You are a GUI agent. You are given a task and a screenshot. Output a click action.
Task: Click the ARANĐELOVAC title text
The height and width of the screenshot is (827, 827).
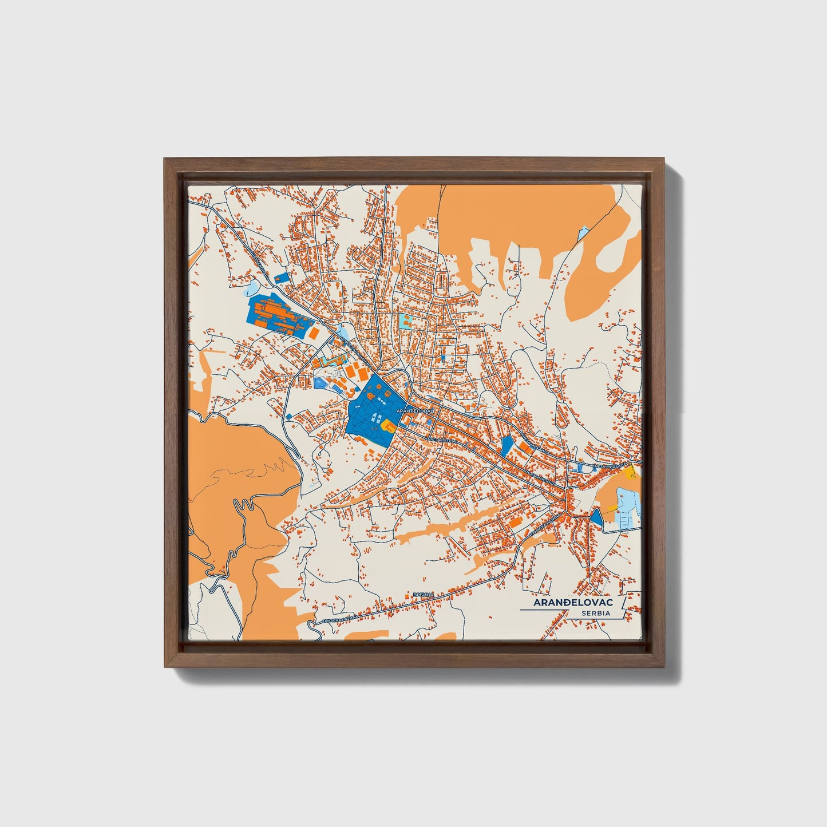pyautogui.click(x=573, y=603)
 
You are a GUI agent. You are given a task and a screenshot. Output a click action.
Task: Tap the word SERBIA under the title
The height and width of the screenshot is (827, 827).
pyautogui.click(x=595, y=613)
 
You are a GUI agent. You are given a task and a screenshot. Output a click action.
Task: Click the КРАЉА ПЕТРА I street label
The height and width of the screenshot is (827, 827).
pyautogui.click(x=441, y=440)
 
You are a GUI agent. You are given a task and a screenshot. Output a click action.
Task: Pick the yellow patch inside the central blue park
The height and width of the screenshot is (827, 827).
pyautogui.click(x=389, y=425)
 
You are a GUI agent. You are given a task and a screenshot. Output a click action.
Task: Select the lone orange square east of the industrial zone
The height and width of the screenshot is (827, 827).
pyautogui.click(x=314, y=332)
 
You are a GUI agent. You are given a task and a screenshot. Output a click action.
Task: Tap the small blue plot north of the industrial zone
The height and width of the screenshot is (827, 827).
pyautogui.click(x=282, y=278)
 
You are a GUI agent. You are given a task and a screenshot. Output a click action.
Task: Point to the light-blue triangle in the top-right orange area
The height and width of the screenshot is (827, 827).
pyautogui.click(x=583, y=233)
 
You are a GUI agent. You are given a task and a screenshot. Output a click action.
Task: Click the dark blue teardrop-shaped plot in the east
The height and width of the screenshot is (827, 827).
pyautogui.click(x=596, y=517)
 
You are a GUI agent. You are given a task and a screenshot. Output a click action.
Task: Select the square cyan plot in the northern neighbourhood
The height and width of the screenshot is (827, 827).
pyautogui.click(x=406, y=319)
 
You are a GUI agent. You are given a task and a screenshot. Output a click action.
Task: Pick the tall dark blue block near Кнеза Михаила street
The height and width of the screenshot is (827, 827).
pyautogui.click(x=506, y=446)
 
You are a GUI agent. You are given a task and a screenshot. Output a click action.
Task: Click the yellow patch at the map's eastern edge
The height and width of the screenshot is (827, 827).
pyautogui.click(x=631, y=472)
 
